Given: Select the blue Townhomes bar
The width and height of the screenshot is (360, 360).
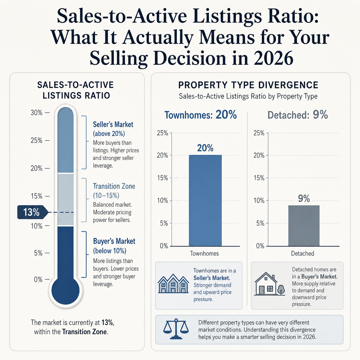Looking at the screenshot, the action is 205,200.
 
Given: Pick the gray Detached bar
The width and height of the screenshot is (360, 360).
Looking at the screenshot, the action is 304,226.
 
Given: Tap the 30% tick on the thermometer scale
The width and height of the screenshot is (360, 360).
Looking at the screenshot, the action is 47,113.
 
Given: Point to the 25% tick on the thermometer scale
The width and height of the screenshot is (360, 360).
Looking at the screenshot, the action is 47,140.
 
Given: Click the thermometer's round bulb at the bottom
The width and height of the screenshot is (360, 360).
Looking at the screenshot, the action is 65,290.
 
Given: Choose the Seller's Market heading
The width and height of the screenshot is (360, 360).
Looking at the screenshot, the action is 113,125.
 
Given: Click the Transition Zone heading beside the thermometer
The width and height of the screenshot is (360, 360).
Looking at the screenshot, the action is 114,186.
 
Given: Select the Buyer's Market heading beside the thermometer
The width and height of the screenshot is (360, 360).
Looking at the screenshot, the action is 114,241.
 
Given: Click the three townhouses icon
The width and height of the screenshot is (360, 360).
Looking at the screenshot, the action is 173,284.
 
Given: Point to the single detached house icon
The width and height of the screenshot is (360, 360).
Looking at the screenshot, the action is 270,284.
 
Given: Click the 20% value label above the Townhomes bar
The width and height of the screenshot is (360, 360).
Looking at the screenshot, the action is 205,148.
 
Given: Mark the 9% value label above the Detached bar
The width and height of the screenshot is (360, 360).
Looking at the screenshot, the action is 304,198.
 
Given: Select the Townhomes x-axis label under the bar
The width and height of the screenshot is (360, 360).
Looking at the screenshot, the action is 204,253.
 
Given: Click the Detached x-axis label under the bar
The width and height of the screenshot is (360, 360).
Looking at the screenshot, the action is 303,253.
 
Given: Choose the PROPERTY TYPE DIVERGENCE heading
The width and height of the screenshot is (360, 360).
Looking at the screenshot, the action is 248,85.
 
